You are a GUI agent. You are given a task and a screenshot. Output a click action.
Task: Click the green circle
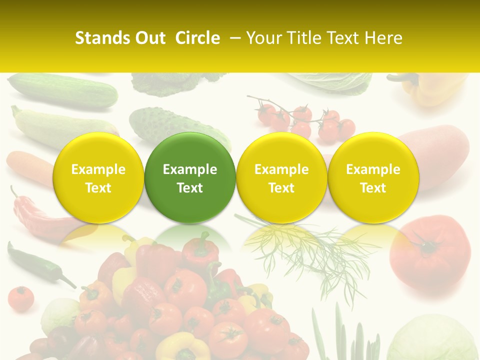(x=190, y=178)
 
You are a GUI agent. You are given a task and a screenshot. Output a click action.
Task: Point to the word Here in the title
(x=383, y=38)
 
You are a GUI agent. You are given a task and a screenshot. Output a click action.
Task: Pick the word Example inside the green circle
(x=190, y=169)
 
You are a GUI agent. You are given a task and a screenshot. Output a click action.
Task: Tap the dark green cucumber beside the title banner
(x=62, y=90)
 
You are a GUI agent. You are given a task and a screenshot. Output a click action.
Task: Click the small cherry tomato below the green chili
(x=21, y=298)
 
